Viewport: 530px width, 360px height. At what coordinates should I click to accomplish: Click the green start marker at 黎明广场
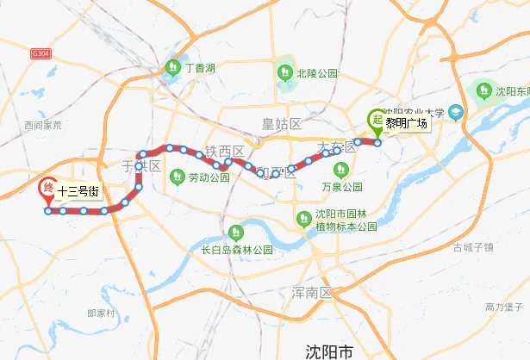click(376, 121)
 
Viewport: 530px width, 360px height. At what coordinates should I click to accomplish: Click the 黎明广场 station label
click(407, 123)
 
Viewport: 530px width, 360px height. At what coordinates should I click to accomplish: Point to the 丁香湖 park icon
click(171, 67)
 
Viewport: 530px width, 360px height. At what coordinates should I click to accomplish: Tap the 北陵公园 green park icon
click(284, 72)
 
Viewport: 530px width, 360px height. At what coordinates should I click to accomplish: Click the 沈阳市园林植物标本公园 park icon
click(302, 220)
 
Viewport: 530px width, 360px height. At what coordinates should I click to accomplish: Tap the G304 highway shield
click(40, 53)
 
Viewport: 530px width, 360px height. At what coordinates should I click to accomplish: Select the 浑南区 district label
click(312, 293)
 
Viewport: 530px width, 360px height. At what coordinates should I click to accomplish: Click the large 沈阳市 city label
click(330, 351)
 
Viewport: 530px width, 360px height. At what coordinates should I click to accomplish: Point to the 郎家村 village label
click(101, 313)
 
